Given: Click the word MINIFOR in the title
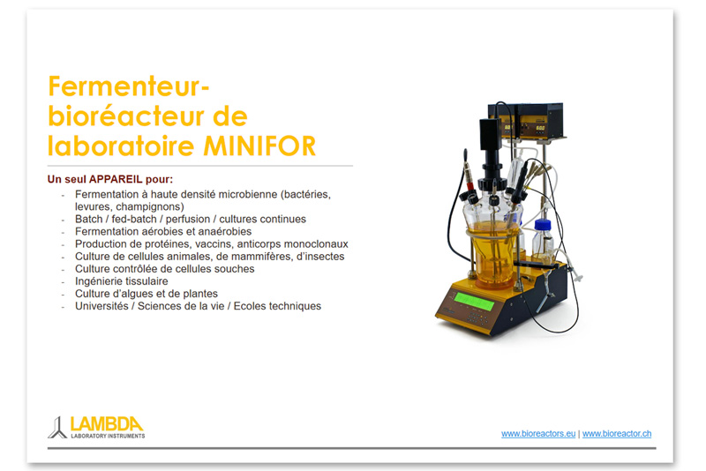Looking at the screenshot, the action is (x=259, y=146).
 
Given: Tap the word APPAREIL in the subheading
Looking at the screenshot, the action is (x=116, y=179).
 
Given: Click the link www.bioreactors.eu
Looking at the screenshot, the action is (x=538, y=434).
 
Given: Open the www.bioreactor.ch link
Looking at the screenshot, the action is (x=616, y=434).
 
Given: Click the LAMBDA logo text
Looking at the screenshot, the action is (x=107, y=423).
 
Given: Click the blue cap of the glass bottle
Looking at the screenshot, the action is (x=543, y=225).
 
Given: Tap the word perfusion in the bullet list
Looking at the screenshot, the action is (x=187, y=219).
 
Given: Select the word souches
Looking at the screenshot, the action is (x=235, y=268).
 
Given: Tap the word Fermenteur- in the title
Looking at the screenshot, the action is (x=129, y=86).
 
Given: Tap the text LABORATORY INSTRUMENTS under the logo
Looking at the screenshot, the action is (x=108, y=436).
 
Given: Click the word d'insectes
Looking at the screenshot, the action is (x=320, y=257).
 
